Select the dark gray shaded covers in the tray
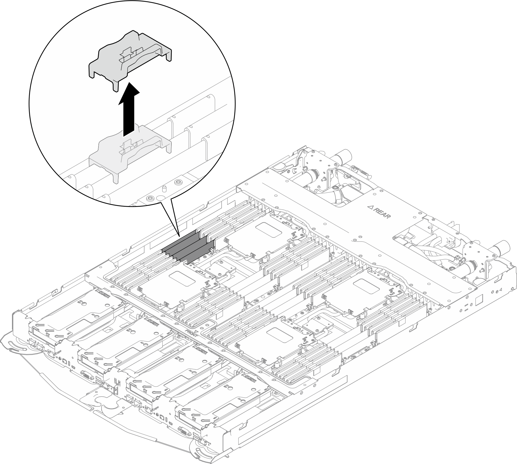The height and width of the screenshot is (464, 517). [187, 249]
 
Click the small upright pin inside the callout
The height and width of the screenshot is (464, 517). [164, 189]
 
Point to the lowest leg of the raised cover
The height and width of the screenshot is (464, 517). [116, 87]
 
